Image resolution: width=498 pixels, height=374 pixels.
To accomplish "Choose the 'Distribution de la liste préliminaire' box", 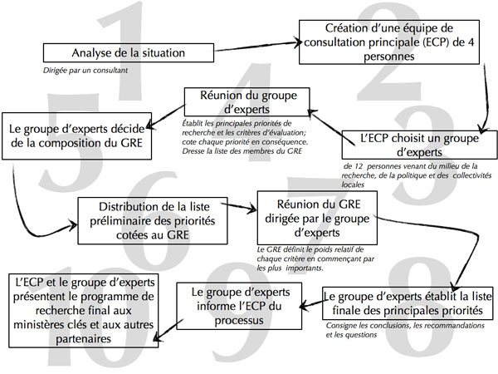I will click(x=145, y=219).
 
